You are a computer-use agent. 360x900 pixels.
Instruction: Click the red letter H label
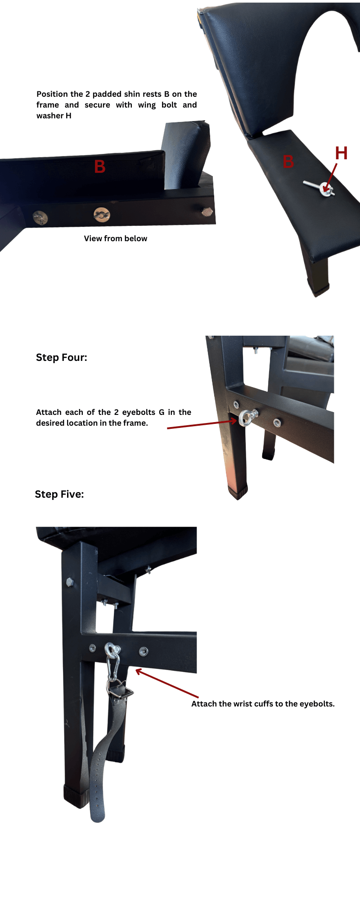click(x=341, y=153)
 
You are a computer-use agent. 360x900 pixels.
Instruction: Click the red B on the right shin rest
click(x=288, y=162)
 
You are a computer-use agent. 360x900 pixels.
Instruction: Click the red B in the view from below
click(x=100, y=167)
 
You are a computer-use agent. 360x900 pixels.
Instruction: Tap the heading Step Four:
click(x=62, y=358)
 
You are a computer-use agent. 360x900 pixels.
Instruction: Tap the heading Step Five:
click(x=59, y=495)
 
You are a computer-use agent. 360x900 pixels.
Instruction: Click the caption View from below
click(x=116, y=238)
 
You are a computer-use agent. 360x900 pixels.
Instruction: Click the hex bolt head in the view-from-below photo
click(x=207, y=211)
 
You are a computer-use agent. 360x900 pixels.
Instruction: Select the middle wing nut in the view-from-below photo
click(x=102, y=215)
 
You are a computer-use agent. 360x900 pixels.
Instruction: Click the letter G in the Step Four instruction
click(x=162, y=412)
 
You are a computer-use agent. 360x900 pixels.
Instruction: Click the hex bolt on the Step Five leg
click(x=69, y=581)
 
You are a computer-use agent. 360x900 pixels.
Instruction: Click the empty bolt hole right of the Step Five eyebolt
click(x=144, y=651)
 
